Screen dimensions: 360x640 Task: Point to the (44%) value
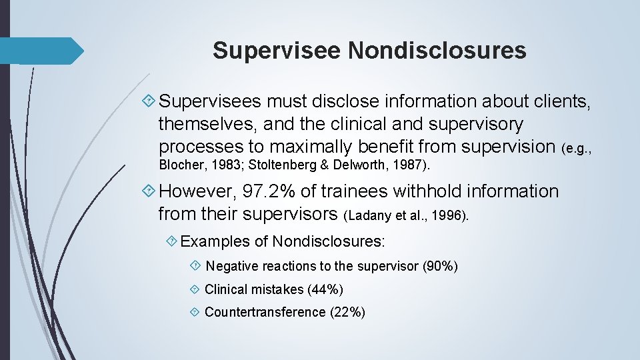(x=325, y=289)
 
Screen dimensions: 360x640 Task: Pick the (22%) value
(x=347, y=312)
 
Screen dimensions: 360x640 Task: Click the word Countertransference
(x=265, y=312)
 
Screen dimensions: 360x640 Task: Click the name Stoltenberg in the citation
(x=279, y=165)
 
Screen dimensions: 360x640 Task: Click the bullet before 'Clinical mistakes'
(x=195, y=289)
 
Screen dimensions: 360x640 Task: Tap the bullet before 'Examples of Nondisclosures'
(x=172, y=240)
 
